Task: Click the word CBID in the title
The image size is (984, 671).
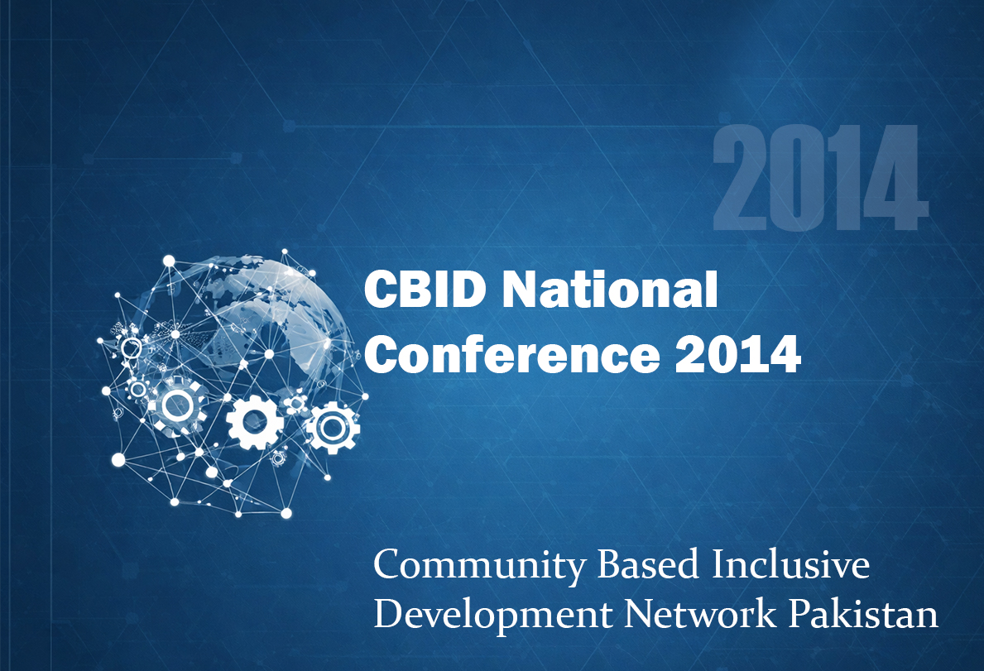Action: pyautogui.click(x=425, y=289)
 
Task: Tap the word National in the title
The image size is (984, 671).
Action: pyautogui.click(x=610, y=289)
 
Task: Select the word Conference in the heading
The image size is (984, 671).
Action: pyautogui.click(x=512, y=354)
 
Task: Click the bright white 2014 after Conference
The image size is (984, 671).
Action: pyautogui.click(x=738, y=354)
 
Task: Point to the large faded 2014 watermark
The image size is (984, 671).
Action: pyautogui.click(x=820, y=177)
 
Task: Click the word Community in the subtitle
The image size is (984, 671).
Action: pyautogui.click(x=478, y=566)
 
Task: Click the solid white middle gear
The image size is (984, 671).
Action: pyautogui.click(x=255, y=422)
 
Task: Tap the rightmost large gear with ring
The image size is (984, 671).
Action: pyautogui.click(x=332, y=428)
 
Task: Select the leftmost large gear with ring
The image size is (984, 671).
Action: pyautogui.click(x=178, y=405)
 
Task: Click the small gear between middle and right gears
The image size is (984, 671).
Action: pyautogui.click(x=294, y=402)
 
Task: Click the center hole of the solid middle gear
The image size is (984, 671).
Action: pyautogui.click(x=255, y=422)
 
